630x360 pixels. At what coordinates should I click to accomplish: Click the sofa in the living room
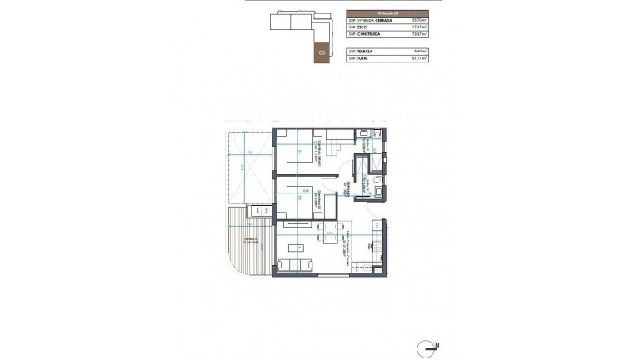tap(294, 266)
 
